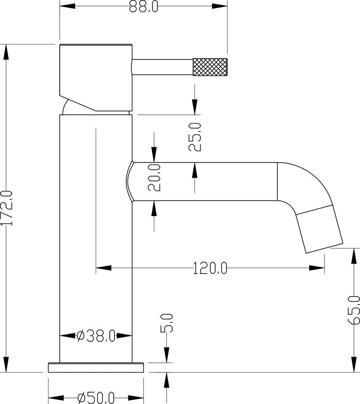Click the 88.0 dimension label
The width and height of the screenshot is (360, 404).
tap(143, 7)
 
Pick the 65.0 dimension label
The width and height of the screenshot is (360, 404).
tap(354, 310)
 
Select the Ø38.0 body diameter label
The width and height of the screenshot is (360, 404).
tap(96, 335)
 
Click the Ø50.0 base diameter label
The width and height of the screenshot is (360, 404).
tap(96, 398)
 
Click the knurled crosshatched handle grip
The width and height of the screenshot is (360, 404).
tap(210, 67)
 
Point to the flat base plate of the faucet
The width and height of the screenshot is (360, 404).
tap(96, 367)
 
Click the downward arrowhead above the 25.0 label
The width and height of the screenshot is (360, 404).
tap(195, 107)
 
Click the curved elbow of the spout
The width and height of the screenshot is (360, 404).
tap(311, 182)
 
